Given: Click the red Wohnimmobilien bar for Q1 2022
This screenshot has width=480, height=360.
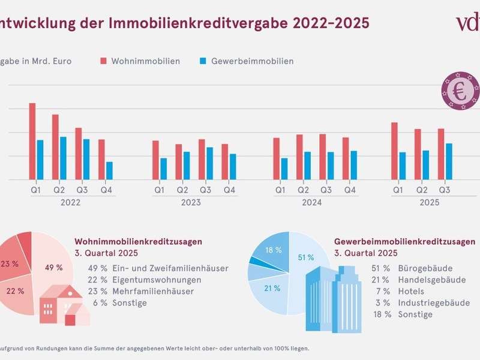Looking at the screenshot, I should pos(32,142).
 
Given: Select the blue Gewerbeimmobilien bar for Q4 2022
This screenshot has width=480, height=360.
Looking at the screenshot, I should pos(109,170).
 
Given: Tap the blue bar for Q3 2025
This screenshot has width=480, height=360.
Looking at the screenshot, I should pos(449,161).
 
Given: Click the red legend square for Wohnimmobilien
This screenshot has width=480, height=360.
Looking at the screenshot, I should pos(104,61).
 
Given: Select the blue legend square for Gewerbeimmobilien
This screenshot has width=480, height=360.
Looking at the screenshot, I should pos(203,61).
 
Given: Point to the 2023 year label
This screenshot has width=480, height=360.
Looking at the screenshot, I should pos(191,203).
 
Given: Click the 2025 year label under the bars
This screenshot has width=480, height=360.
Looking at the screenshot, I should pos(428,203).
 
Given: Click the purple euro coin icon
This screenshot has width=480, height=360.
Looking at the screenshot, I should pos(460,92).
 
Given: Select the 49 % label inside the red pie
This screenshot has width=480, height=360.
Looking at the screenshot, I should pos(54,268).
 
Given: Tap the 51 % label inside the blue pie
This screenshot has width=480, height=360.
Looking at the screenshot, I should pos(305,257).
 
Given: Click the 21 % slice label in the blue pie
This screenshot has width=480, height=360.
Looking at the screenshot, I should pos(272,288).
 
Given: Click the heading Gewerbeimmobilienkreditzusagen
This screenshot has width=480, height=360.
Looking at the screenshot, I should pos(405,241).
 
